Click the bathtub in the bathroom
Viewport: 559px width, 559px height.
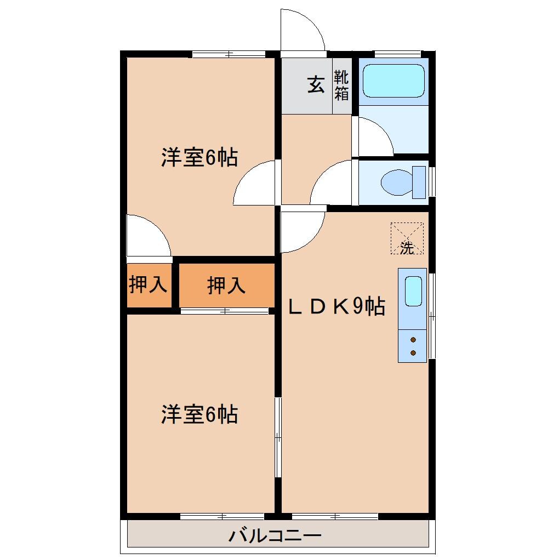393,81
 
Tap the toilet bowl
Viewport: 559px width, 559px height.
396,182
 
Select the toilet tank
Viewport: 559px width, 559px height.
419,182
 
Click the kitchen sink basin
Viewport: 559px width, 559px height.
413,290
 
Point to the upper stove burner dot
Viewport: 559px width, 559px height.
413,340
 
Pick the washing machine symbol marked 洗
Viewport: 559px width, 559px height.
407,238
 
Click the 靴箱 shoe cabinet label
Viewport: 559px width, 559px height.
341,85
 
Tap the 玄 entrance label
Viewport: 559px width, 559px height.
315,85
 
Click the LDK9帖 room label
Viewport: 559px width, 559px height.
336,307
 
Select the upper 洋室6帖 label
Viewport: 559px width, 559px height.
199,158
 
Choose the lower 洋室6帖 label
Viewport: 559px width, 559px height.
199,414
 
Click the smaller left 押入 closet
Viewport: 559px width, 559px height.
148,285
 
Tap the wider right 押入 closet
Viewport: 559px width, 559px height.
226,286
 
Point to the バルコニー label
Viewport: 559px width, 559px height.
274,535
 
